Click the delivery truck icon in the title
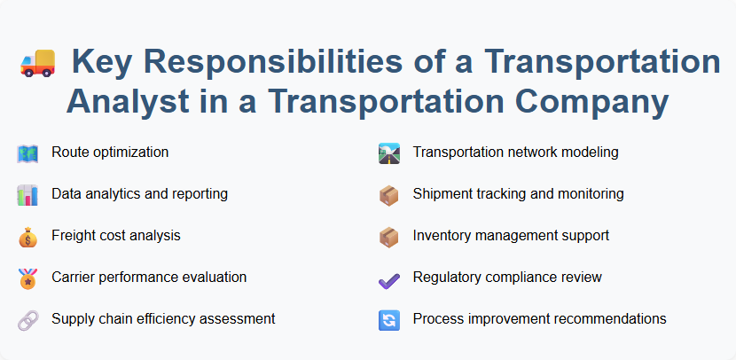pyautogui.click(x=36, y=64)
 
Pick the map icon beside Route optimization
pyautogui.click(x=27, y=153)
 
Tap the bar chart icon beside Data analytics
pyautogui.click(x=27, y=194)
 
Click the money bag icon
pyautogui.click(x=27, y=236)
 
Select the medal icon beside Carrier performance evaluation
pyautogui.click(x=27, y=278)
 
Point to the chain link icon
pyautogui.click(x=27, y=319)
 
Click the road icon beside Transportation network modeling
pyautogui.click(x=389, y=153)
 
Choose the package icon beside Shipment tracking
pyautogui.click(x=389, y=194)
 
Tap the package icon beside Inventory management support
pyautogui.click(x=389, y=236)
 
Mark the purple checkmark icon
pyautogui.click(x=389, y=278)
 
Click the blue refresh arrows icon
pyautogui.click(x=389, y=319)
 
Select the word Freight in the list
pyautogui.click(x=74, y=236)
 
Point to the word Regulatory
pyautogui.click(x=447, y=278)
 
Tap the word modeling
pyautogui.click(x=591, y=153)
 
